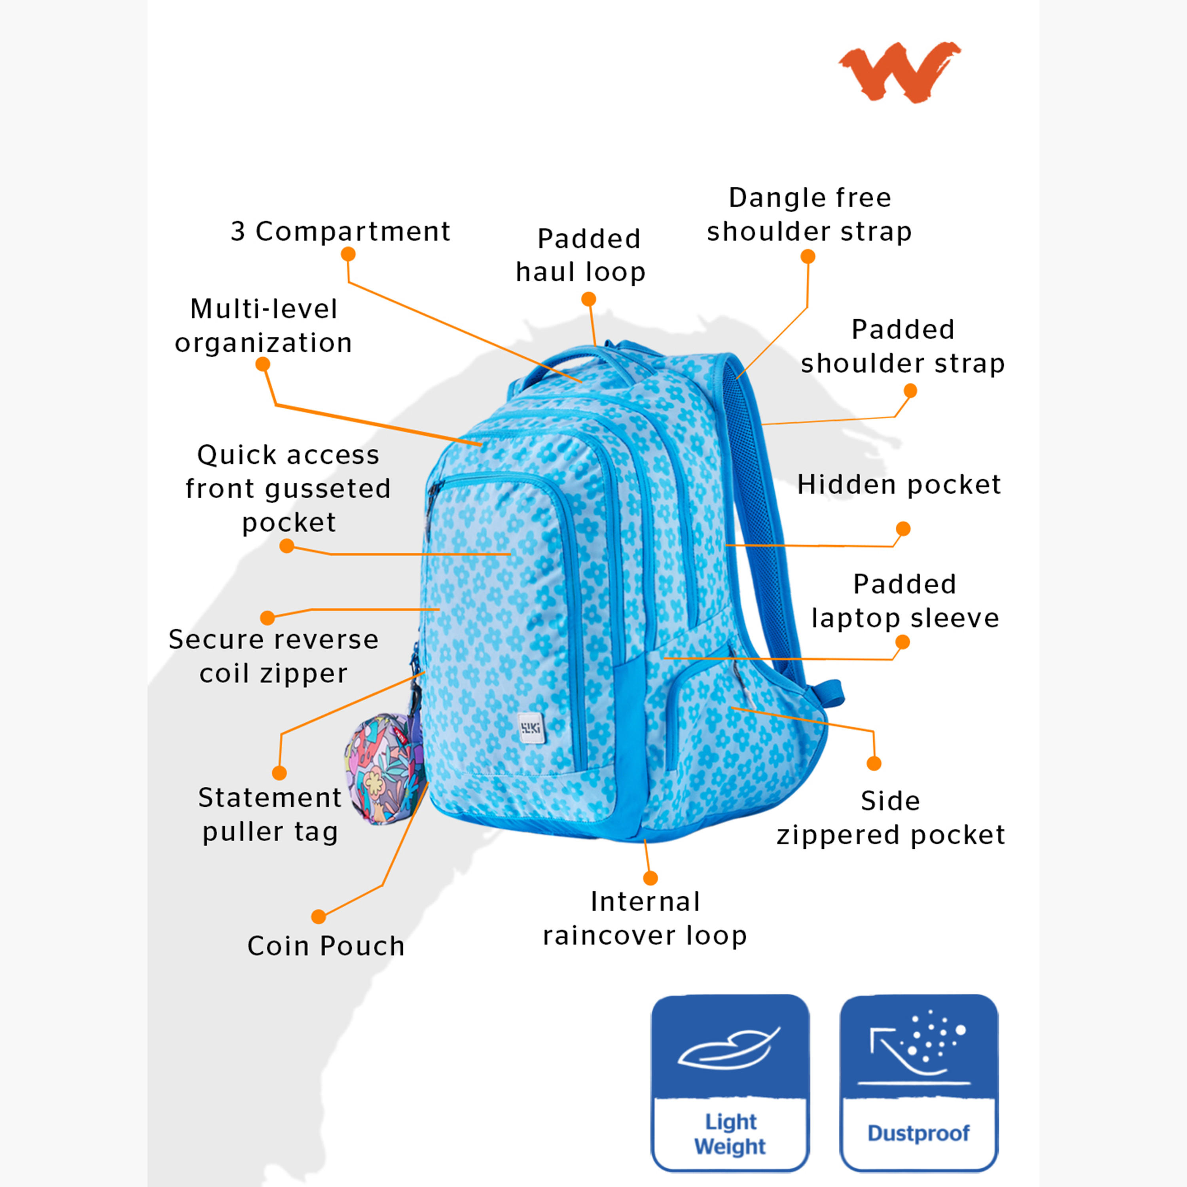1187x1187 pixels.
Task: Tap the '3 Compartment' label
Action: pyautogui.click(x=340, y=231)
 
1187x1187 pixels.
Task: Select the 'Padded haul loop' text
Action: pyautogui.click(x=580, y=255)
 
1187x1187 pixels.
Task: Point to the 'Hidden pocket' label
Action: pyautogui.click(x=899, y=485)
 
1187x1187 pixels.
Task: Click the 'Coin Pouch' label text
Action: pyautogui.click(x=326, y=946)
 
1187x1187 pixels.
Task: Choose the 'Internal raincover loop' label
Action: pyautogui.click(x=645, y=918)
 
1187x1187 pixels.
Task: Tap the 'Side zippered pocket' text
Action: pyautogui.click(x=890, y=818)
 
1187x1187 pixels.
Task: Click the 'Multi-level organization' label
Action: pyautogui.click(x=264, y=326)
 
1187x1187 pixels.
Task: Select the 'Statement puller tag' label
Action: pyautogui.click(x=270, y=815)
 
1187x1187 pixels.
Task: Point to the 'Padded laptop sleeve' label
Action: pyautogui.click(x=905, y=601)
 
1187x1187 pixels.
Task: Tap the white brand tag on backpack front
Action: pyautogui.click(x=531, y=728)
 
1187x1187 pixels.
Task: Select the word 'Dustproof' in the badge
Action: pyautogui.click(x=918, y=1132)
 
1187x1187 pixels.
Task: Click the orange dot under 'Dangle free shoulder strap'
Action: pyautogui.click(x=808, y=256)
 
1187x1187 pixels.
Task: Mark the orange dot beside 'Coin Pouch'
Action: pyautogui.click(x=318, y=917)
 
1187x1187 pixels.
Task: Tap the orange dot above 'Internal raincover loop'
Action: pyautogui.click(x=650, y=878)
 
